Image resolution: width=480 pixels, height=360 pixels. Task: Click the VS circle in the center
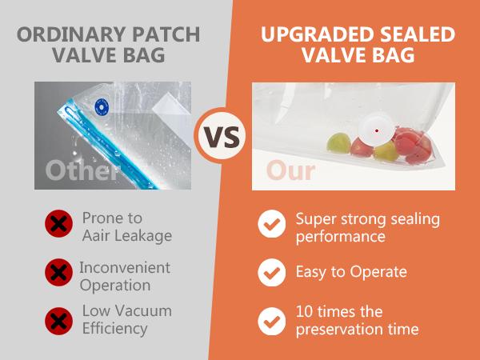click(x=221, y=136)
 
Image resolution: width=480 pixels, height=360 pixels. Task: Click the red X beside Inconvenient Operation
click(x=57, y=273)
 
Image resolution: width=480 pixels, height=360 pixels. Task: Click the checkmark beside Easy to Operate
click(x=271, y=273)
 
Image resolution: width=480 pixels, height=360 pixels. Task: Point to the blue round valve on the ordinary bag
click(x=102, y=105)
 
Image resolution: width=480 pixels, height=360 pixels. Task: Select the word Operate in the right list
click(x=378, y=273)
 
